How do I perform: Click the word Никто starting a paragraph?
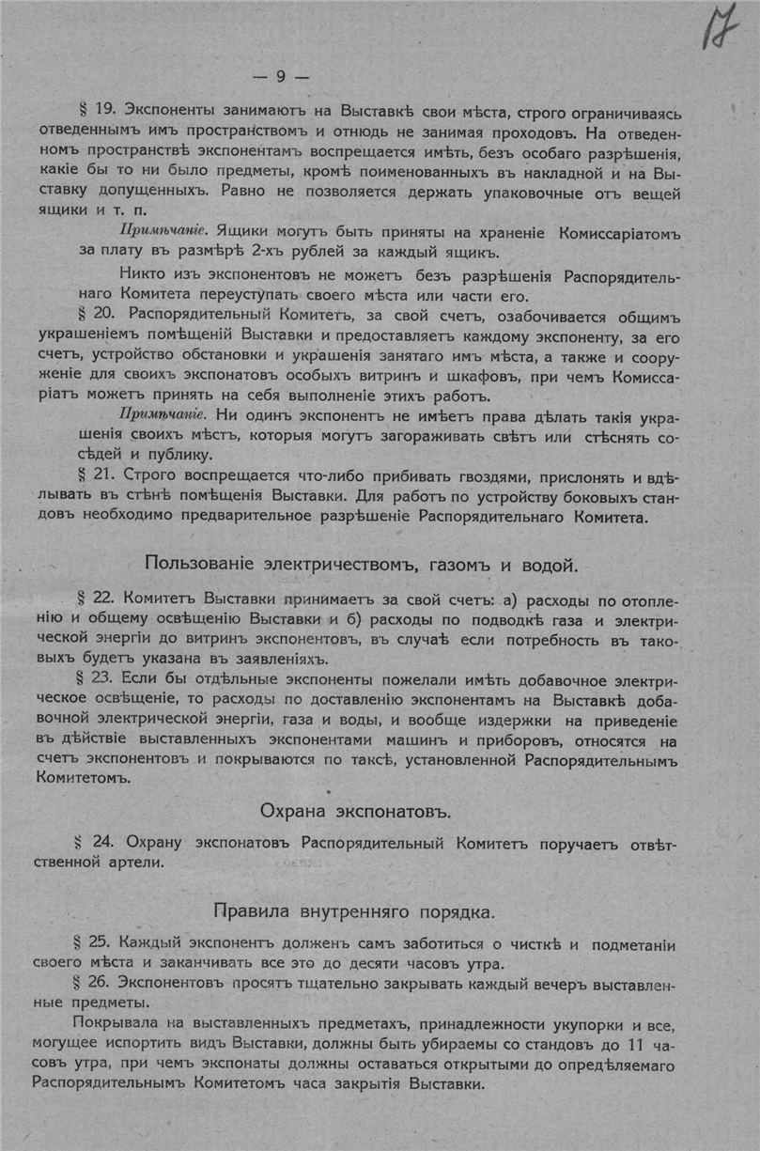(143, 274)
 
